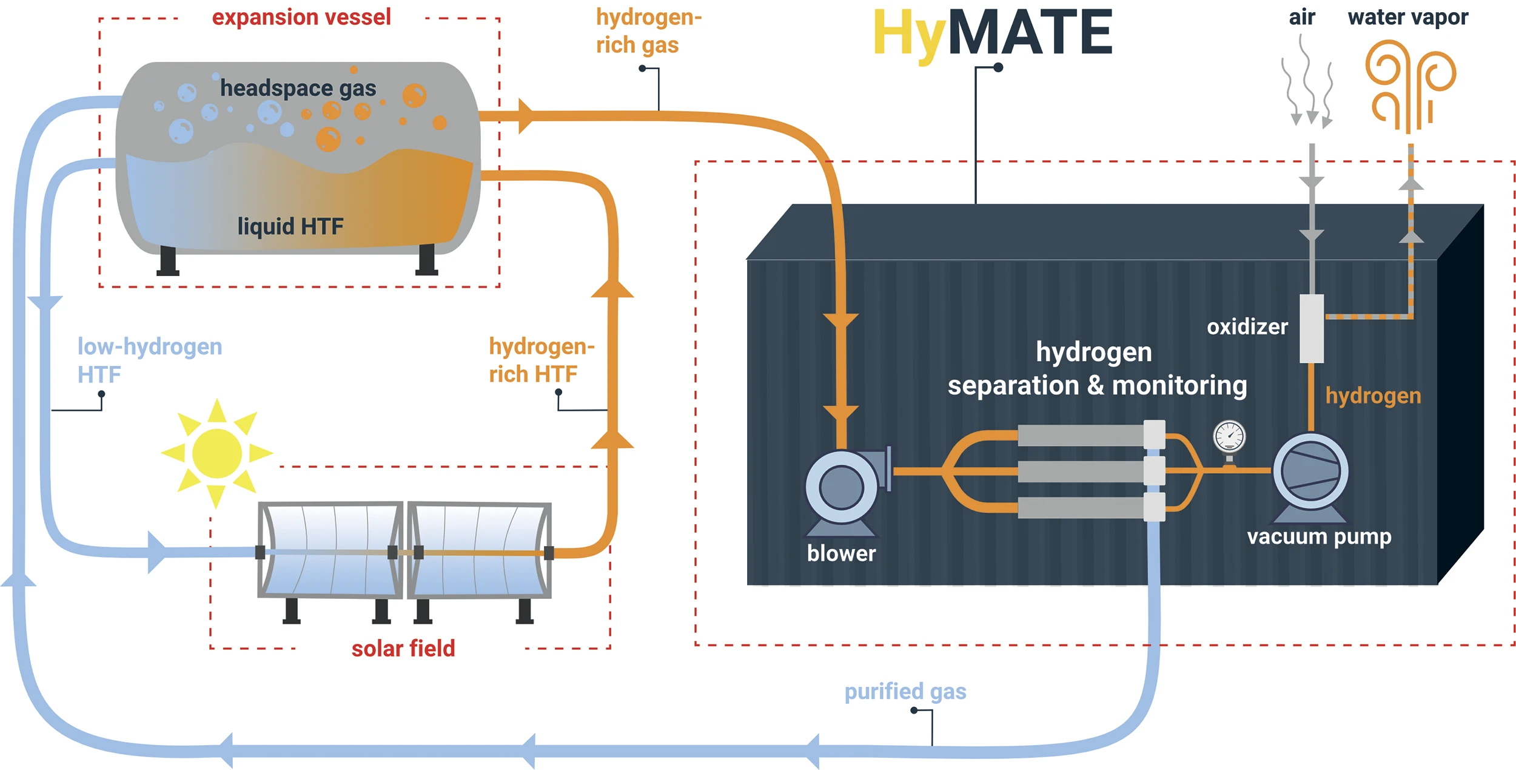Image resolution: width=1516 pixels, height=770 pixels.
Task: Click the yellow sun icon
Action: (216, 453)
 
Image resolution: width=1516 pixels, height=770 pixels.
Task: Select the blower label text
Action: (841, 553)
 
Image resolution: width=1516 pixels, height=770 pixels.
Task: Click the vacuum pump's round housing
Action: (1310, 471)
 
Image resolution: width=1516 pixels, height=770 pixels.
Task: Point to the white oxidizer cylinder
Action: (1311, 328)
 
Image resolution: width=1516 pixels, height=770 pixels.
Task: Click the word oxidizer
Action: (1247, 327)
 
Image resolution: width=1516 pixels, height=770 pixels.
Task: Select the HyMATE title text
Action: (993, 33)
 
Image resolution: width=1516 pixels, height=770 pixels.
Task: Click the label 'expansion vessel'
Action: (301, 17)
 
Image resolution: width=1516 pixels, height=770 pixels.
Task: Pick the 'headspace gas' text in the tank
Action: (298, 88)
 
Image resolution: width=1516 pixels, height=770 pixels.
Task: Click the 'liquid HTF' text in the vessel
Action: (290, 226)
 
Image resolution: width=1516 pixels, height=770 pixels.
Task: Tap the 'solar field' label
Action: (403, 649)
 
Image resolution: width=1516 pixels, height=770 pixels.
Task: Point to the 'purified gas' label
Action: (905, 691)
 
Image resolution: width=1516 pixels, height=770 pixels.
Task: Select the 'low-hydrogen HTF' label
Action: (149, 360)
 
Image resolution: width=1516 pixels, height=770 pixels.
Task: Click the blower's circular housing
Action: (841, 487)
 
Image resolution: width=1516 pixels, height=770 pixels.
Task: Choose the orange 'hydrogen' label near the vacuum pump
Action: (1373, 396)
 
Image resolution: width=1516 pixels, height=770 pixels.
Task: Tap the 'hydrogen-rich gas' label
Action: (648, 31)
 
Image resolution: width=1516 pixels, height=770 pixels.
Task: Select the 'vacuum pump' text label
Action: (1319, 536)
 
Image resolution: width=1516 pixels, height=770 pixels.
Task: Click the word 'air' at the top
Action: (1301, 17)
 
